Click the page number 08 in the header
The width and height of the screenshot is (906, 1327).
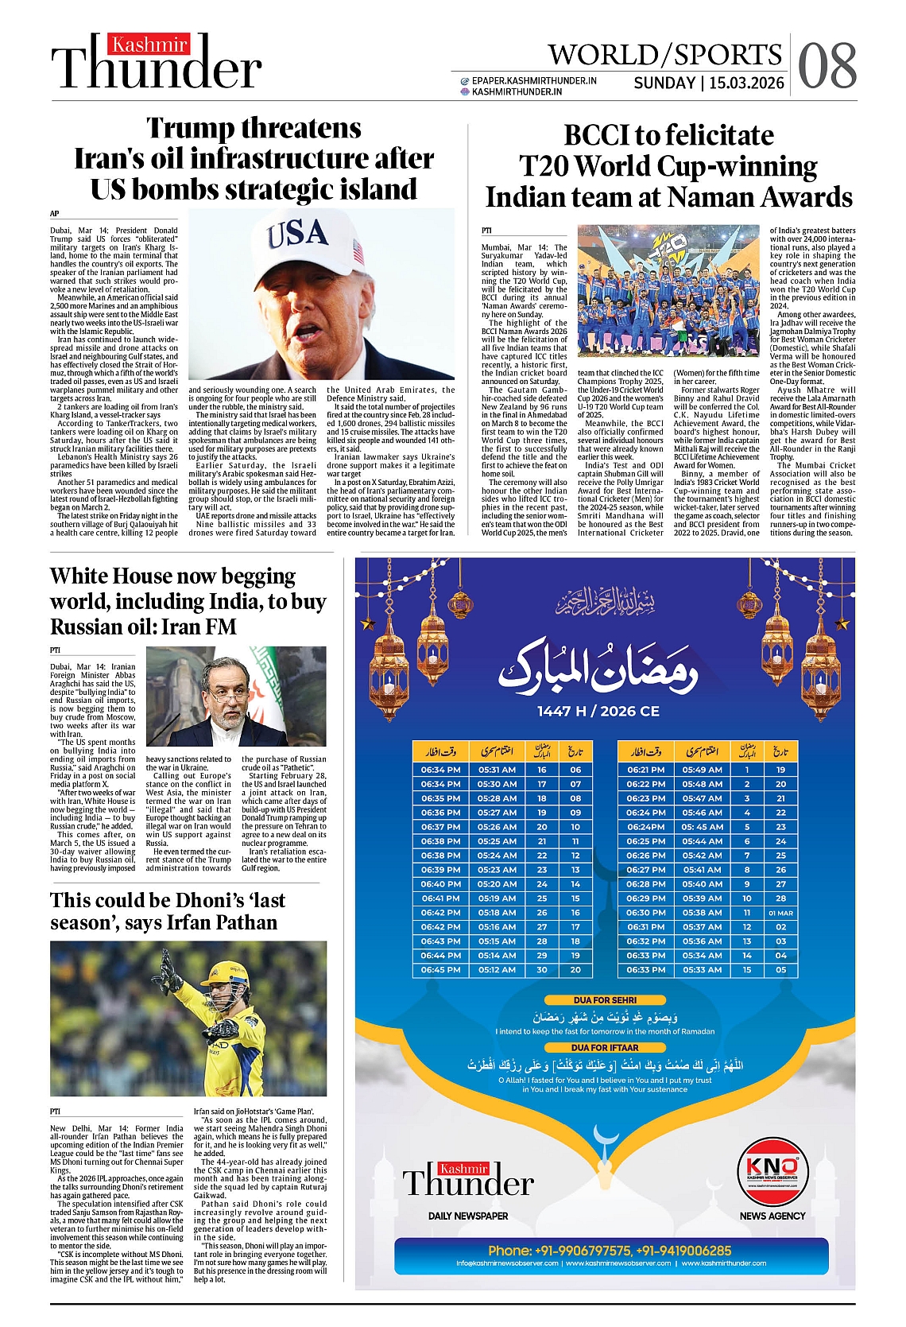[x=827, y=66]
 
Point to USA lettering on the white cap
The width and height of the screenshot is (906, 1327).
[x=297, y=234]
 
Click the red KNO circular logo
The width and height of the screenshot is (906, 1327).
[x=772, y=1170]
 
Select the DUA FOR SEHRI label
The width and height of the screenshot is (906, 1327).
[x=605, y=999]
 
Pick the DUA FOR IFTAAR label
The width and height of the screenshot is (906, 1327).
[x=605, y=1047]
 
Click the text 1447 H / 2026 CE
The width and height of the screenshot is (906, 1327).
[x=598, y=711]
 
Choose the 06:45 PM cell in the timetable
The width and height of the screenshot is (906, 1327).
[x=440, y=970]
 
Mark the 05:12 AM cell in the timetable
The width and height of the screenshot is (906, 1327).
[x=497, y=970]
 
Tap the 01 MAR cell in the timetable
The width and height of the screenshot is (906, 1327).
[x=780, y=913]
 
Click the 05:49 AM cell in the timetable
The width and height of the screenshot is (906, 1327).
[x=702, y=770]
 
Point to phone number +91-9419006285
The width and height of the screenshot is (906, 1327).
[x=684, y=1251]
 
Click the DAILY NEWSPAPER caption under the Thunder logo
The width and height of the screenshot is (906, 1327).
[x=468, y=1216]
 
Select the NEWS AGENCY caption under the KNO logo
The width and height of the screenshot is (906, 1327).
[x=772, y=1216]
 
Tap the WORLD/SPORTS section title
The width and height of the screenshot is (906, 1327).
[x=664, y=55]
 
